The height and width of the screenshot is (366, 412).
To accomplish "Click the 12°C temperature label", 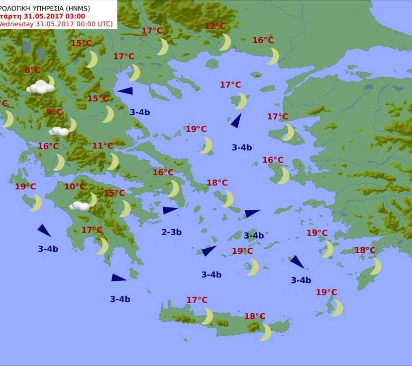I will click(216, 26).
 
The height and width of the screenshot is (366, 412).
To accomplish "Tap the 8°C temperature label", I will click(32, 70).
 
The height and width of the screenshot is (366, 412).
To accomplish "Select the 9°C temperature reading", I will click(54, 112).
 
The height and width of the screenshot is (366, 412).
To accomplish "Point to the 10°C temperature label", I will click(74, 187).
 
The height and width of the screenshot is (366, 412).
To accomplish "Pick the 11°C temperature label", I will click(102, 146).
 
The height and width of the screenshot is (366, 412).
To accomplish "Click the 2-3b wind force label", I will click(171, 232).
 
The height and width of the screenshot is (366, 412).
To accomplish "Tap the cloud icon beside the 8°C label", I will click(41, 87).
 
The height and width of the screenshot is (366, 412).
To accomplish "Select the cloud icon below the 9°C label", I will click(60, 131).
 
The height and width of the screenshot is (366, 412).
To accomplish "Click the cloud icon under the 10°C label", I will click(79, 205).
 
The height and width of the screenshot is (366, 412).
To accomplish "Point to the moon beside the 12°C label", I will click(225, 42).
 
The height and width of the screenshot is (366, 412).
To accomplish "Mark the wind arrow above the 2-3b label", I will click(170, 210).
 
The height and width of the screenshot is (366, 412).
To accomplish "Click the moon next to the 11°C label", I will click(114, 162).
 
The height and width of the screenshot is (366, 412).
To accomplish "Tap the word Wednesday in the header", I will click(16, 24).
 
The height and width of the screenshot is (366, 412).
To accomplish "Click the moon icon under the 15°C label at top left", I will click(91, 59).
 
